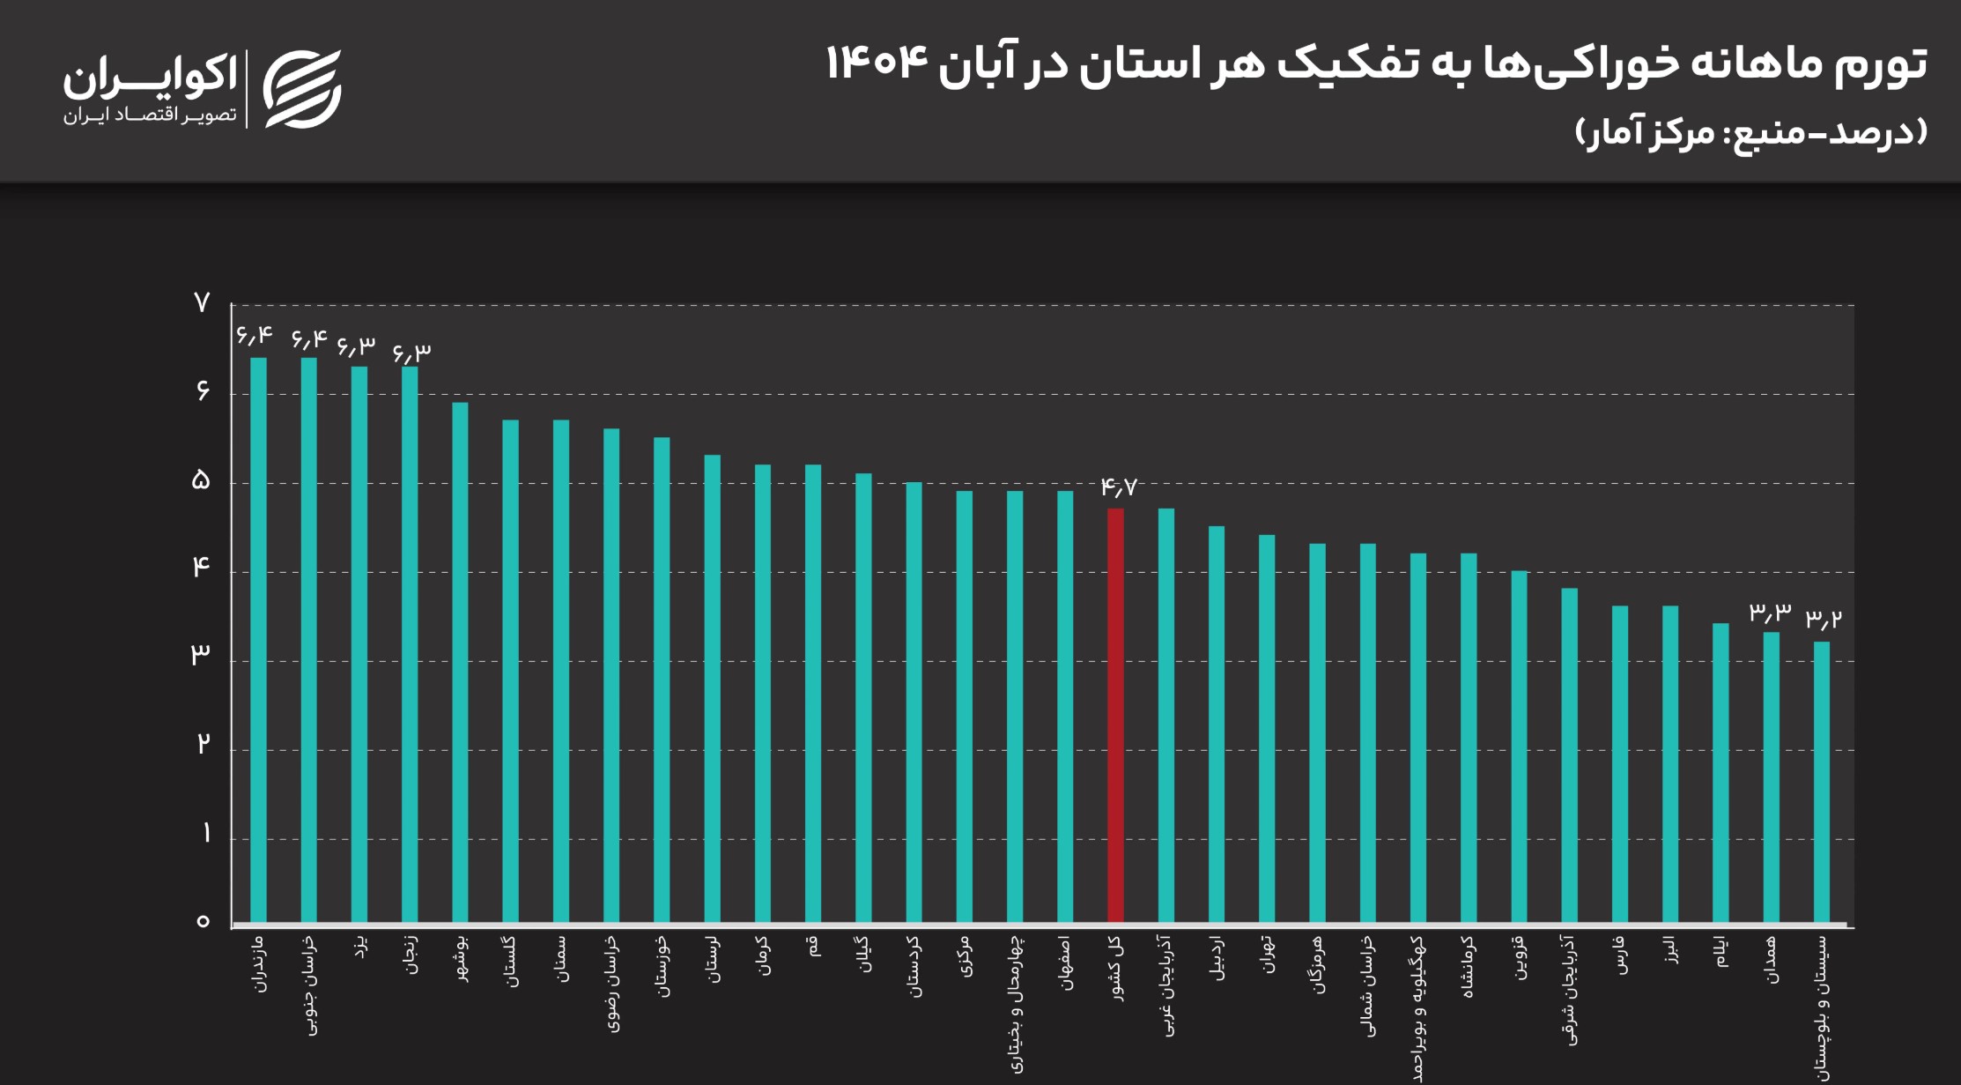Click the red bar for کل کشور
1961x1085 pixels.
point(1115,716)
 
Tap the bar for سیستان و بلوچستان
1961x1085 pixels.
point(1822,783)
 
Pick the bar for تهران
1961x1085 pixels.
point(1267,729)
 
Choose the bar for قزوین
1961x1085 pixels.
point(1519,747)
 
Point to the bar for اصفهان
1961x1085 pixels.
point(1065,707)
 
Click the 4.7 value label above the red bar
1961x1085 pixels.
point(1118,487)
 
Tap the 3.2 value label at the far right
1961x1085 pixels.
point(1823,620)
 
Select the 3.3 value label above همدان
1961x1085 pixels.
point(1770,611)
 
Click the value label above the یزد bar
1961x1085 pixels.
point(356,346)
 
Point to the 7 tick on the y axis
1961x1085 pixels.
point(202,303)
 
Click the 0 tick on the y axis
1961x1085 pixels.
point(203,921)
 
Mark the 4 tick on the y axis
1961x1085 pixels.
point(202,567)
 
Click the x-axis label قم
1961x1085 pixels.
point(814,948)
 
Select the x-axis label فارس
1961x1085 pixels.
point(1621,955)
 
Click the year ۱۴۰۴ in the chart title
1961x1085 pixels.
point(877,63)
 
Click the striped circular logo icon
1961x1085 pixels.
point(302,88)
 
